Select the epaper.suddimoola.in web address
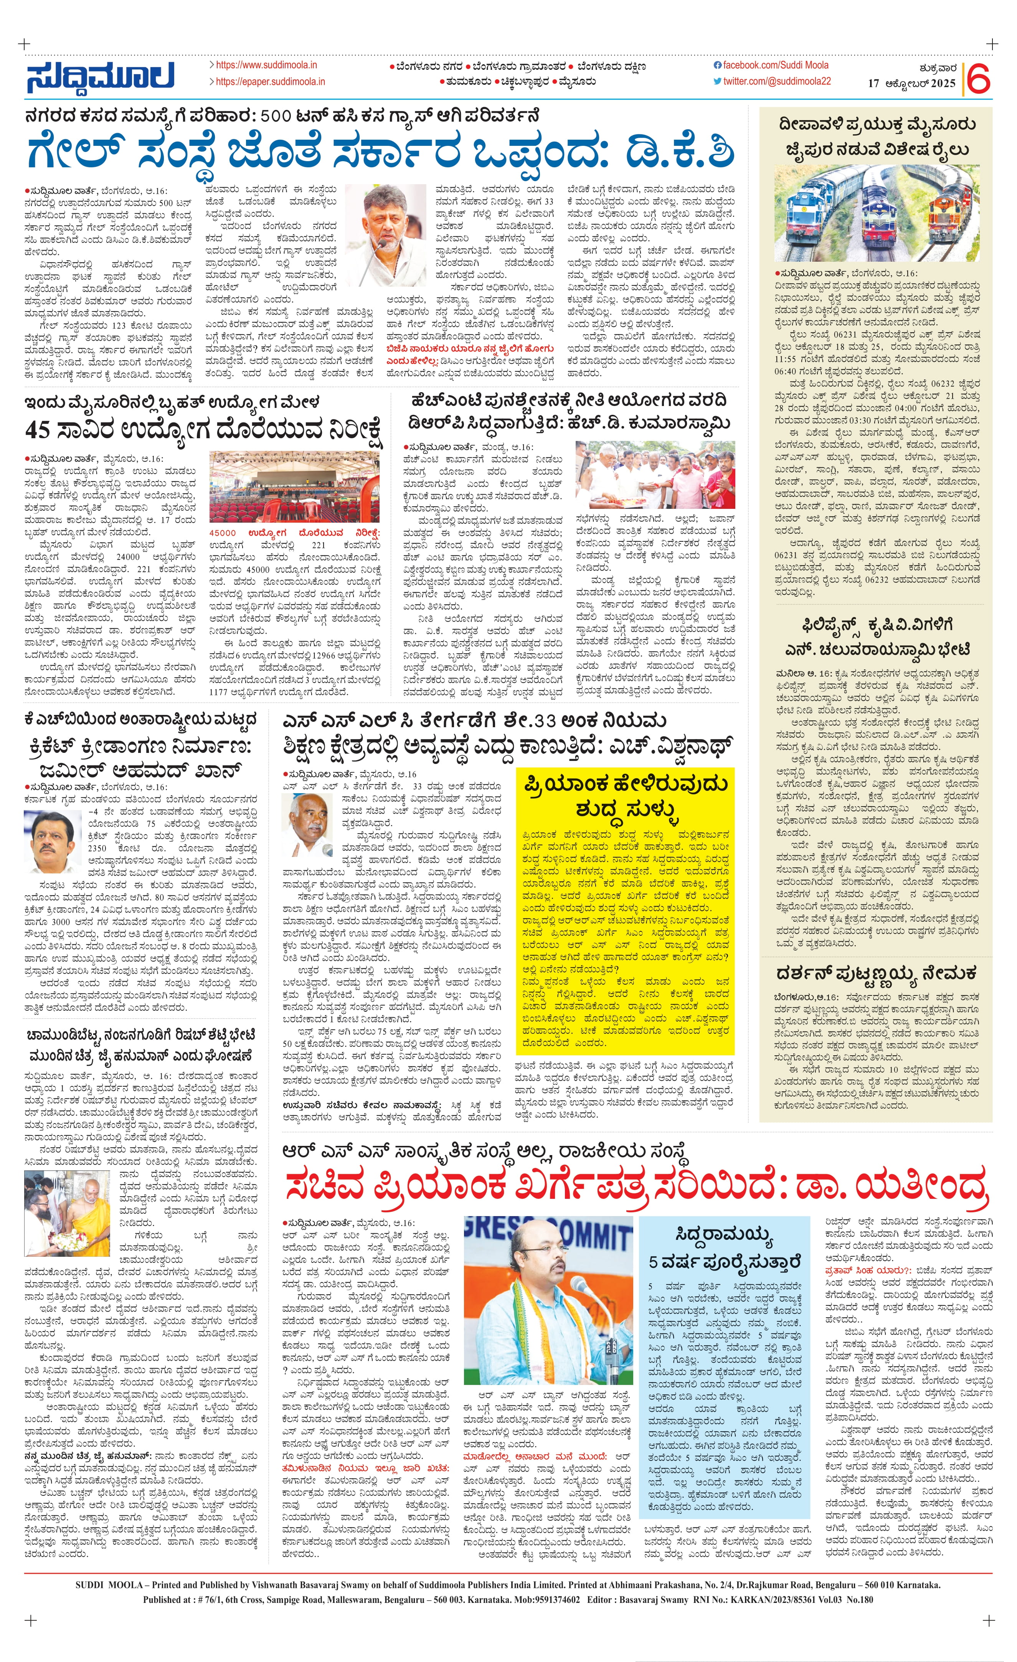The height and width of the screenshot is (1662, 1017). point(270,82)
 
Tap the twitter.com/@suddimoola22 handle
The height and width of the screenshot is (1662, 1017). point(777,81)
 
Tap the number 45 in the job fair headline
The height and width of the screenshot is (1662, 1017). point(40,429)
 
